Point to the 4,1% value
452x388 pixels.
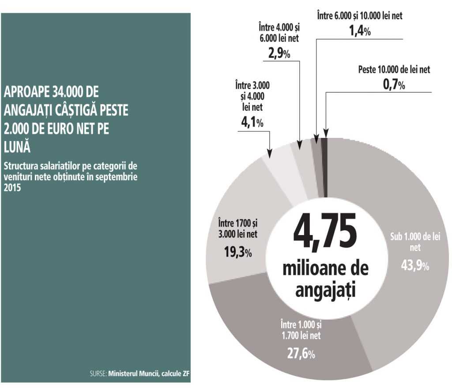[x=252, y=123]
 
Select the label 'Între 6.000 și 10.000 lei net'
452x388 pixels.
[x=359, y=16]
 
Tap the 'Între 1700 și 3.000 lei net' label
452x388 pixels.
[x=237, y=228]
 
